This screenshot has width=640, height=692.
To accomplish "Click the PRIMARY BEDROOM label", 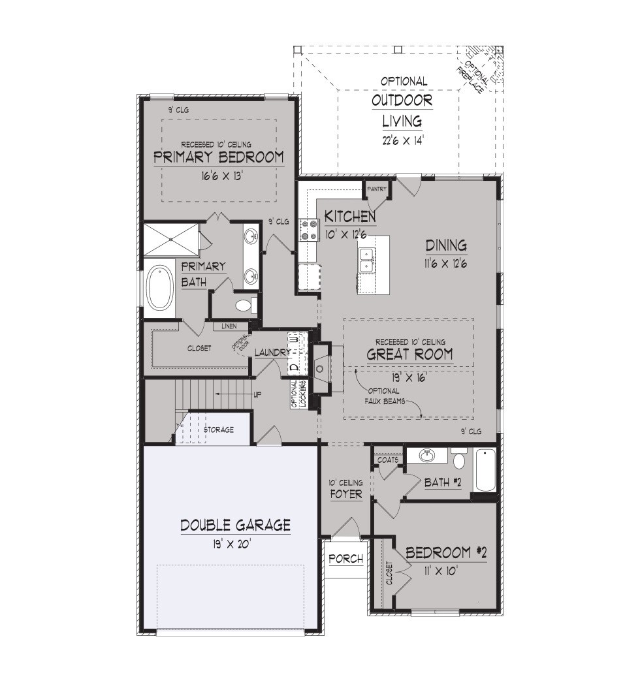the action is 219,157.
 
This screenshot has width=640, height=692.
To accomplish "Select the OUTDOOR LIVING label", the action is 402,110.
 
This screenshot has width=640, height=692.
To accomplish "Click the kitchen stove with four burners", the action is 309,230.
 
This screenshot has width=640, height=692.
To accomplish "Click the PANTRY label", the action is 377,189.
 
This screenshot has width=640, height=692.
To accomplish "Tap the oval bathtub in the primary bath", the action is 160,288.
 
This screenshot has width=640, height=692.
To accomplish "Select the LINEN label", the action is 229,326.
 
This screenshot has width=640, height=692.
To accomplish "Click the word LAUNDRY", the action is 272,353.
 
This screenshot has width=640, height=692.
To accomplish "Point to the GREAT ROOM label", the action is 409,354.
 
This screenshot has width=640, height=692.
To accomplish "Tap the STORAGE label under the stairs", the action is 219,430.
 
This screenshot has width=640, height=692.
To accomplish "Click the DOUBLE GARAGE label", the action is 235,525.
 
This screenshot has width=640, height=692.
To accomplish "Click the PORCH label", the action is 346,559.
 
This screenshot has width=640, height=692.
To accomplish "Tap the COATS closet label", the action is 388,460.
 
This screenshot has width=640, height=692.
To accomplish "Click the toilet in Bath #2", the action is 459,459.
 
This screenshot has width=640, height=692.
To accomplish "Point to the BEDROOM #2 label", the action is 446,552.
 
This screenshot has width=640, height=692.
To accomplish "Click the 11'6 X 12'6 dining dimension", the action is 446,264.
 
